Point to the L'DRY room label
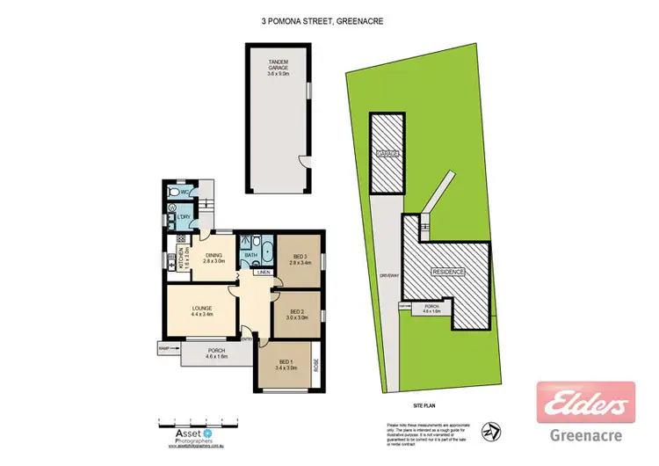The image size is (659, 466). tap(184, 217)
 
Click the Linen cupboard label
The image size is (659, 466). tap(264, 272)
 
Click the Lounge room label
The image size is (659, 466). tap(203, 309)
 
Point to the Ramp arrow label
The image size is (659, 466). tap(163, 349)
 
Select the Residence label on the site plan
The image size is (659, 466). tap(447, 273)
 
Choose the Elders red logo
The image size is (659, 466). tap(585, 404)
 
